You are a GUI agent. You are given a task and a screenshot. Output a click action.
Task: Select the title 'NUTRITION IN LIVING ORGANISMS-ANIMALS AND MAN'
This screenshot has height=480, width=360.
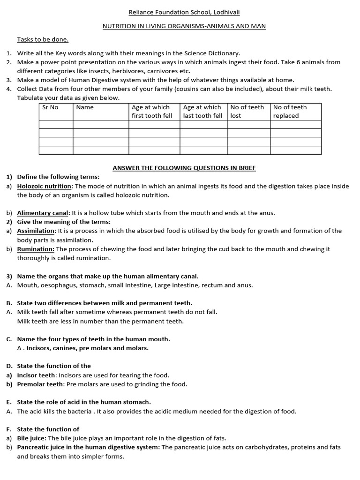point(184,26)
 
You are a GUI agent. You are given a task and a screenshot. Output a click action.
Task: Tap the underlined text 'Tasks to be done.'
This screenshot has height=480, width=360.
point(43,40)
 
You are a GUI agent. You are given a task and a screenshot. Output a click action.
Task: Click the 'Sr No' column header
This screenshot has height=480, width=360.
point(50,107)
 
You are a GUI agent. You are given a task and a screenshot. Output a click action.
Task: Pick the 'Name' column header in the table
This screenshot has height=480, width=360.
point(85,107)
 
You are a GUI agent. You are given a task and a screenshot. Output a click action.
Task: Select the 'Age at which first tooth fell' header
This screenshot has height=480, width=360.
point(152,112)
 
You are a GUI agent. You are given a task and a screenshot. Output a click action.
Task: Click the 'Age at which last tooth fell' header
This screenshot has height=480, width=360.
point(202,112)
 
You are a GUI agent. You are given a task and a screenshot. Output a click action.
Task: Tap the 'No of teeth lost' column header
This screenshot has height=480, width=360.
point(247,112)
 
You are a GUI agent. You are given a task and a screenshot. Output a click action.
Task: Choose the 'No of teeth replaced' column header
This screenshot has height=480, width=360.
point(290,112)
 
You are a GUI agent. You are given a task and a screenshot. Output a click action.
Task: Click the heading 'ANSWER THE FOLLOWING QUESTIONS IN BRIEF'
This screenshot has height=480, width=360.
point(184,168)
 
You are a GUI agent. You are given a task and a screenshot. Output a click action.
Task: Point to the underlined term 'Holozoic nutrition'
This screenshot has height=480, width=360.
point(44,186)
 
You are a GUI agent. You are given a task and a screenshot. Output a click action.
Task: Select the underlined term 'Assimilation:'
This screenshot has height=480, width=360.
point(37,231)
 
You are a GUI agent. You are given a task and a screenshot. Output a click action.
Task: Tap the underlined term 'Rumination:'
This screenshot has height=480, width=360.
point(36,249)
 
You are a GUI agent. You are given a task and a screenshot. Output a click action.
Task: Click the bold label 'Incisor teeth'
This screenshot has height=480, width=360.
point(36,375)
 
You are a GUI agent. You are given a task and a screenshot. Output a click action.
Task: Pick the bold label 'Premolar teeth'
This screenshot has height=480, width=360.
point(40,384)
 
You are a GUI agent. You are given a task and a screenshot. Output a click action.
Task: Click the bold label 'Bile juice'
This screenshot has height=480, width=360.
point(32,438)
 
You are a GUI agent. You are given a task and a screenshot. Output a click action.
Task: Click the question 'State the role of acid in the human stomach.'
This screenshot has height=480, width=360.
point(84,402)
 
